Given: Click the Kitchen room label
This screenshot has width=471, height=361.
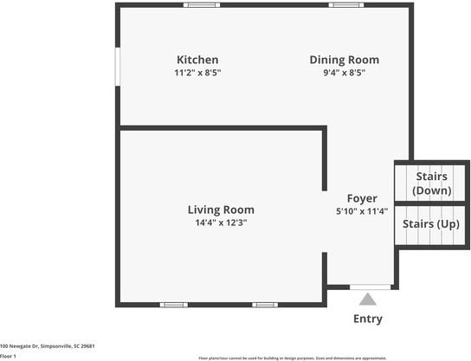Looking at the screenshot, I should (x=197, y=60).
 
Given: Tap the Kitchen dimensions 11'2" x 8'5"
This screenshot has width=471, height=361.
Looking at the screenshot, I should (x=197, y=74).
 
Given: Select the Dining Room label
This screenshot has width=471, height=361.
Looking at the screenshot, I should (x=344, y=60).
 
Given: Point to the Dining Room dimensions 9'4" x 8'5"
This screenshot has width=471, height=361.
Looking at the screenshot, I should (x=344, y=74).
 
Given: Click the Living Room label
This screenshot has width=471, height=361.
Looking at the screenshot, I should (x=221, y=210).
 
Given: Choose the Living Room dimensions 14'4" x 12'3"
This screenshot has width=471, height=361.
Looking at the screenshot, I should (x=221, y=223).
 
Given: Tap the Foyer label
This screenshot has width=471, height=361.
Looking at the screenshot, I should (x=362, y=197).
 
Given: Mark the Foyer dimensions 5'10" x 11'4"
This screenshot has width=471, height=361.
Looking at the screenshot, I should (x=362, y=211).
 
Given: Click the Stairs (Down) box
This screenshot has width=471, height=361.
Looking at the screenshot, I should (x=430, y=183).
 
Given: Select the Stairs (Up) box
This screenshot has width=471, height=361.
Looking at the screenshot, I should (x=430, y=224).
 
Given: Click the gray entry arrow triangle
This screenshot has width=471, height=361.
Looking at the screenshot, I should (x=368, y=300).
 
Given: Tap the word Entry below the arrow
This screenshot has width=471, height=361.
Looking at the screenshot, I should (x=368, y=319).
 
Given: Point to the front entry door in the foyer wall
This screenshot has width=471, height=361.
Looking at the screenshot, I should (x=370, y=287).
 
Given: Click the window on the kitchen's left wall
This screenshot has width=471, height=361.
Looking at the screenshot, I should (x=119, y=66).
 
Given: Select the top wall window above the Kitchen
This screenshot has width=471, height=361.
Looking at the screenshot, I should (x=202, y=5).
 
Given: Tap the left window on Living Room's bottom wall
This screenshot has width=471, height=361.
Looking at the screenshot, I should (x=174, y=305).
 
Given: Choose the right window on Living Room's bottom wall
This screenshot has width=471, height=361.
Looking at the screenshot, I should (x=264, y=305).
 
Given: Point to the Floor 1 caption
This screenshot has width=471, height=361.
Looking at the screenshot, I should (x=9, y=356).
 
